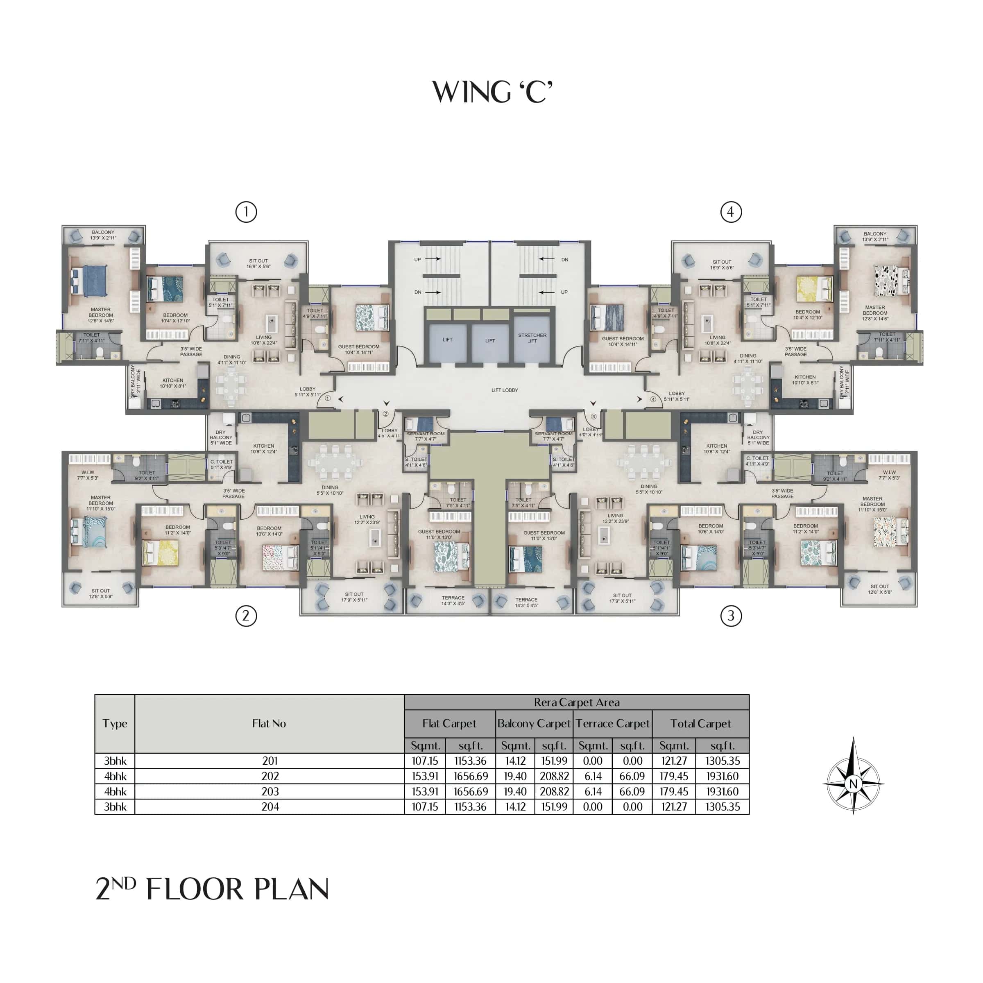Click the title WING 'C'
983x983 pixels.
(491, 92)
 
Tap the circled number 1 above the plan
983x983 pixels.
(246, 212)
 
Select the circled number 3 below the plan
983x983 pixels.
(731, 616)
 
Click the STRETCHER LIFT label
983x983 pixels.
(532, 338)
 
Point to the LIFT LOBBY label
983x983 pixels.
(504, 390)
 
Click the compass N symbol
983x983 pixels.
(853, 784)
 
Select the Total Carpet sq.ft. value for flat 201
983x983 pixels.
(722, 761)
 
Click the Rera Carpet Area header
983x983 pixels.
(576, 702)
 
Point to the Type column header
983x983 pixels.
(115, 723)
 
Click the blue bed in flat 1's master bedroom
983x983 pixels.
(90, 280)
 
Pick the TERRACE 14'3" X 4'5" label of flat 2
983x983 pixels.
(453, 600)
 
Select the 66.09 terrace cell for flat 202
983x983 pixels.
(632, 776)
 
